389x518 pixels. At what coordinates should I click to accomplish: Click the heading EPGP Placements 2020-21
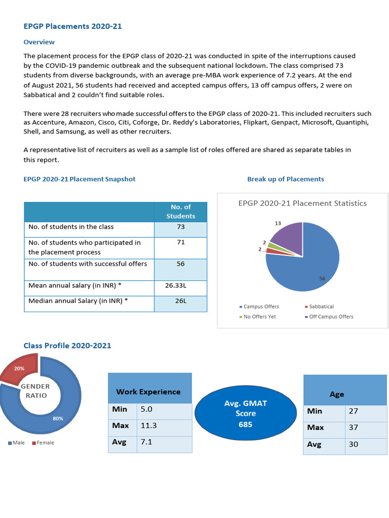coord(72,26)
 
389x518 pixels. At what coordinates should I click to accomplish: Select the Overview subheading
coord(39,42)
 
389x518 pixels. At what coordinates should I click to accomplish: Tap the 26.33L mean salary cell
coord(180,286)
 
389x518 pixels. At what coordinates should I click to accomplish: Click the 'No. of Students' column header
coord(180,211)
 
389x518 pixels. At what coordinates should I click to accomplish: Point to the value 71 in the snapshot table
coord(180,243)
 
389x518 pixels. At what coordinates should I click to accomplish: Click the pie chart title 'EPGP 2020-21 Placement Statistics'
coord(302,203)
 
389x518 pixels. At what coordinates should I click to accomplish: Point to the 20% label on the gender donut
coord(19,368)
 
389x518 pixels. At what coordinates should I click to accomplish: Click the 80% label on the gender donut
coord(58,419)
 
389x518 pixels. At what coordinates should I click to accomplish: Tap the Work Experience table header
coord(148,392)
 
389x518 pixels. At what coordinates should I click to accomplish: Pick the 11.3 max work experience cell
coord(148,425)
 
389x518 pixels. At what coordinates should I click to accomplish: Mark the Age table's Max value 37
coord(353,427)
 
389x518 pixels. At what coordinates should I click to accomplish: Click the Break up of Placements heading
coord(285,179)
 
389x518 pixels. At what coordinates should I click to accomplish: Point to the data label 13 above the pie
coord(278,223)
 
